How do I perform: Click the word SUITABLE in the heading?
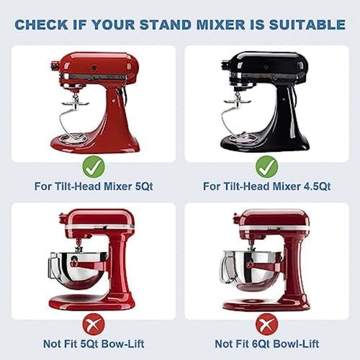(307, 25)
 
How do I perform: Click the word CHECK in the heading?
(41, 25)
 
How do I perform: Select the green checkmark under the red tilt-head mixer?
(94, 167)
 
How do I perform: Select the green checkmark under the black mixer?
(267, 167)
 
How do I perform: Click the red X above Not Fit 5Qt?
(94, 324)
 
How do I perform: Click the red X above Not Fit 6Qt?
(267, 324)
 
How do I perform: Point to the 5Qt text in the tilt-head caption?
(144, 186)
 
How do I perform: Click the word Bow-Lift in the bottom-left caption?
(123, 344)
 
